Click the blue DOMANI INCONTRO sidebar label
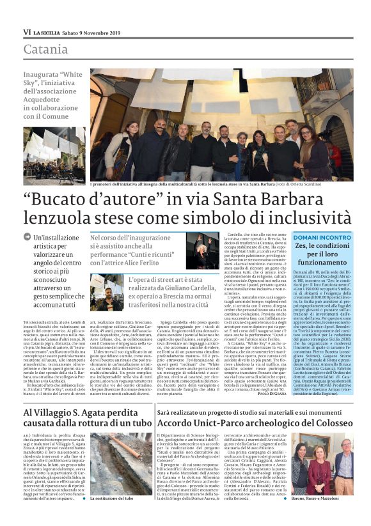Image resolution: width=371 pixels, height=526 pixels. point(322,237)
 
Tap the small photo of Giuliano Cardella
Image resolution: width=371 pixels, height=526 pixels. point(106,292)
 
